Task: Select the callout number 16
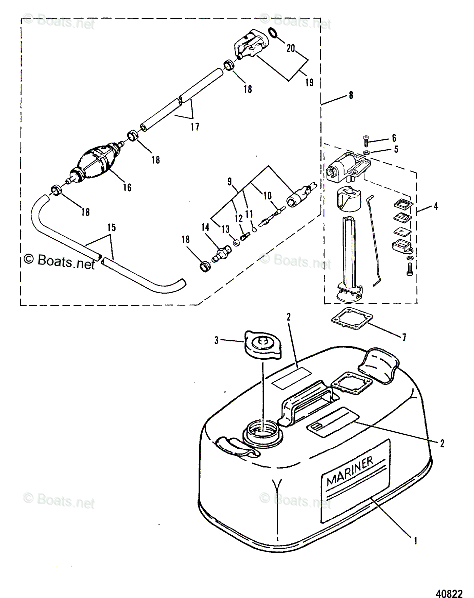point(127,187)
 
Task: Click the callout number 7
point(404,338)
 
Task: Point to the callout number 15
point(111,228)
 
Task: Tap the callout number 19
point(309,83)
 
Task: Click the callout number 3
point(217,340)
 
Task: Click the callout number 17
point(194,127)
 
